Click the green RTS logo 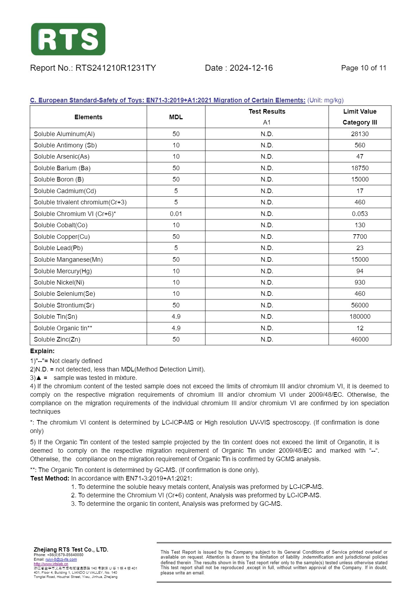(x=68, y=39)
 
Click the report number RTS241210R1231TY (x=115, y=68)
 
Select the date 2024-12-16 (x=251, y=68)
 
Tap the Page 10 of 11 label (x=363, y=68)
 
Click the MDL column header (x=176, y=117)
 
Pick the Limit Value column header (x=359, y=112)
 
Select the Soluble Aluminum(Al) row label (x=64, y=134)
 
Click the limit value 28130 (x=359, y=134)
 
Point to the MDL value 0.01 (x=176, y=214)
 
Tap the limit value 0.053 (x=359, y=214)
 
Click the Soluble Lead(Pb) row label (x=58, y=248)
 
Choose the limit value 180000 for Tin (x=359, y=317)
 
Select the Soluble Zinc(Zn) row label (x=57, y=339)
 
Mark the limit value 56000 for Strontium (x=359, y=305)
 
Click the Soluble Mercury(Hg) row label (x=63, y=271)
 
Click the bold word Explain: (x=42, y=351)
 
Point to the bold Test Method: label (x=50, y=478)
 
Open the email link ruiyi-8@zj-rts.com (x=61, y=559)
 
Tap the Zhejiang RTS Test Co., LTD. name (x=71, y=549)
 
